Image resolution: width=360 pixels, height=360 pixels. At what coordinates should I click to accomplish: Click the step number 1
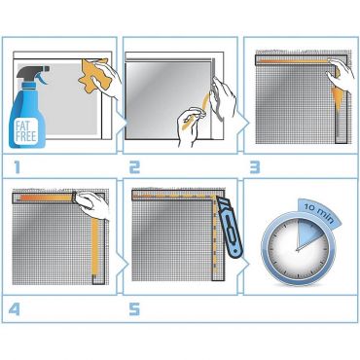pos(17,167)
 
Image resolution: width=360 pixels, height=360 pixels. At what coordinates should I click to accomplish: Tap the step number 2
pos(135,167)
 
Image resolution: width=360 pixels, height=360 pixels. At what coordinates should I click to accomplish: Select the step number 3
pos(255,167)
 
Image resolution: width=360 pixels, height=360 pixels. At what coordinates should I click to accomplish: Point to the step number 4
pos(15,309)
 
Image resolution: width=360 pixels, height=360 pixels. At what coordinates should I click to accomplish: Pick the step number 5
pos(134,309)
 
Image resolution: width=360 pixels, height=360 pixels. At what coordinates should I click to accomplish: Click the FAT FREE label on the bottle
pos(26,130)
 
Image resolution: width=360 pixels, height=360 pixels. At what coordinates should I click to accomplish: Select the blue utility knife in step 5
pos(231,228)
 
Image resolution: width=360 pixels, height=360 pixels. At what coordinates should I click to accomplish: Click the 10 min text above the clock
pos(319,213)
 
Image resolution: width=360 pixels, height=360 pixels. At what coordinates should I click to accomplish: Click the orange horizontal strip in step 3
pos(295,60)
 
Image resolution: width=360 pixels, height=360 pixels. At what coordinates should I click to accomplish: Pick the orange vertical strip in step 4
pos(94,246)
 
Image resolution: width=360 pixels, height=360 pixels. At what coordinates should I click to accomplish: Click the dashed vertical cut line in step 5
pos(214,233)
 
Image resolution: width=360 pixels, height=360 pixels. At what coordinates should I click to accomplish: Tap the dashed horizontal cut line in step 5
pos(174,196)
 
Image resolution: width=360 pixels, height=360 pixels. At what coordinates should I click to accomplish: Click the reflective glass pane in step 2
pos(168,100)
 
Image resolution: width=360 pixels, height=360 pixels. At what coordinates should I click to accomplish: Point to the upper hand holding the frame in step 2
pos(223,95)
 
